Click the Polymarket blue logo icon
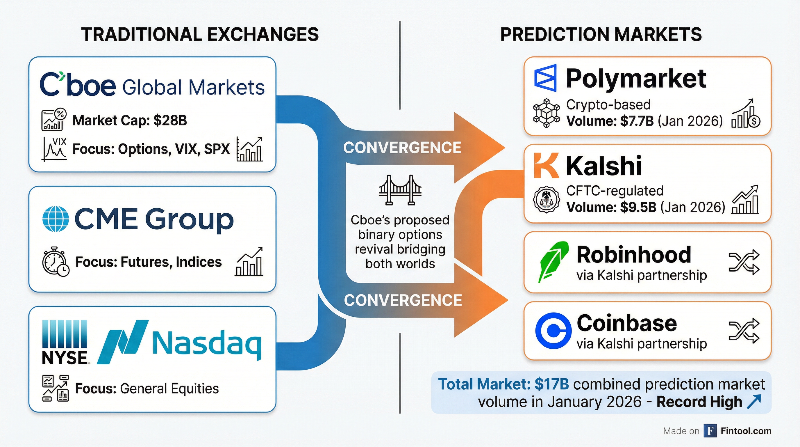point(545,78)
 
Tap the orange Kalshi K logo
point(546,165)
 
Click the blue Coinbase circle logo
point(553,330)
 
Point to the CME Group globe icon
point(55,219)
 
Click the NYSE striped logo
point(65,342)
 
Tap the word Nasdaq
point(206,344)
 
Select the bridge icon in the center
point(400,190)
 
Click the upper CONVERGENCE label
point(402,148)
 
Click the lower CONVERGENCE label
point(403,300)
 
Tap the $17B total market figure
point(551,384)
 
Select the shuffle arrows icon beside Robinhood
point(744,262)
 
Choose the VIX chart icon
point(54,149)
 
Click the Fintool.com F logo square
point(710,431)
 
